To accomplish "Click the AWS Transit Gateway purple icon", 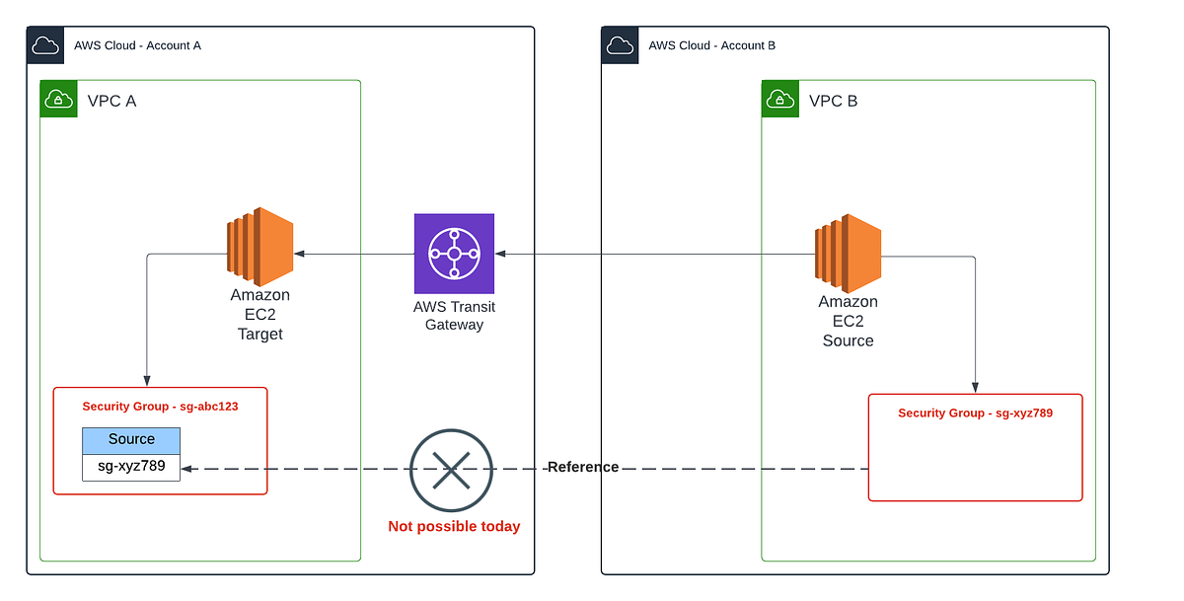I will (x=454, y=254).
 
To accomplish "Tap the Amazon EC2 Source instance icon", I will (x=848, y=253).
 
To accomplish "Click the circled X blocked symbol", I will (x=452, y=471).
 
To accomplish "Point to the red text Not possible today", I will (x=454, y=526).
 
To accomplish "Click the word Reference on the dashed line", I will (x=583, y=467).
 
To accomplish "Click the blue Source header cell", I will (x=131, y=439).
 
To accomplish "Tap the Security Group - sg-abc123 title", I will (x=160, y=406).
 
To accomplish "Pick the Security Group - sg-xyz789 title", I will (x=975, y=413).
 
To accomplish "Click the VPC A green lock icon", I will (x=58, y=100).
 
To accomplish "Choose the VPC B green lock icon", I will (x=780, y=100).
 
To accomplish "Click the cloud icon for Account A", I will (x=45, y=45).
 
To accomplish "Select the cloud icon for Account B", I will (x=620, y=45).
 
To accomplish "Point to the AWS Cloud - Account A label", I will (x=137, y=45).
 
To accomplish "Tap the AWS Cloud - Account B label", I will (x=711, y=45).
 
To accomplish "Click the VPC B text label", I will (x=833, y=101).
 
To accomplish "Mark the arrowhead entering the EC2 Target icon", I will (x=299, y=254).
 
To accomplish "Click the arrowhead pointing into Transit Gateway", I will (x=500, y=254).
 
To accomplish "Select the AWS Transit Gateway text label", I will (x=454, y=315).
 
